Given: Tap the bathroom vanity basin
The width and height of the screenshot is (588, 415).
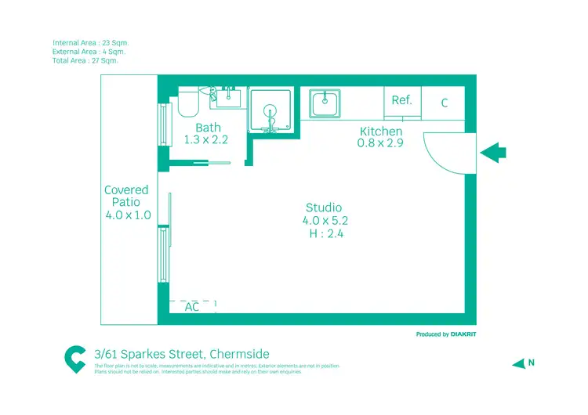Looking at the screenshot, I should tap(229, 99).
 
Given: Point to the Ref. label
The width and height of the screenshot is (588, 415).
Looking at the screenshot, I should tap(401, 100).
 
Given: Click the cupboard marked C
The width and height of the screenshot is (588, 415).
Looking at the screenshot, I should tap(445, 103).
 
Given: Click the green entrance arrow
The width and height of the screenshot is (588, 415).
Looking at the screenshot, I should tap(493, 152).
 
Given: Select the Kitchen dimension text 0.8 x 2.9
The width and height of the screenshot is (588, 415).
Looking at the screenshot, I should tap(380, 143).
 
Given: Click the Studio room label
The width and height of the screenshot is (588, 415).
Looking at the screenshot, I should tap(324, 207).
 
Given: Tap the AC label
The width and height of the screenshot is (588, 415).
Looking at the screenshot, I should tap(192, 307).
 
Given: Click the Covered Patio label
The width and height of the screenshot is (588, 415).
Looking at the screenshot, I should tap(127, 196).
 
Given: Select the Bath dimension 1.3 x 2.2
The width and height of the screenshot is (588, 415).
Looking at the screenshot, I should tap(205, 140).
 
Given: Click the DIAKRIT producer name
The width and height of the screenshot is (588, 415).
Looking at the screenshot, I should tap(463, 334).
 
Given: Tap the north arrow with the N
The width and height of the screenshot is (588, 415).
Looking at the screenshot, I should tap(523, 363).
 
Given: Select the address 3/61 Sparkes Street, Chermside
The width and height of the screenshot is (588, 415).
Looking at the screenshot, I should tap(181, 354).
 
